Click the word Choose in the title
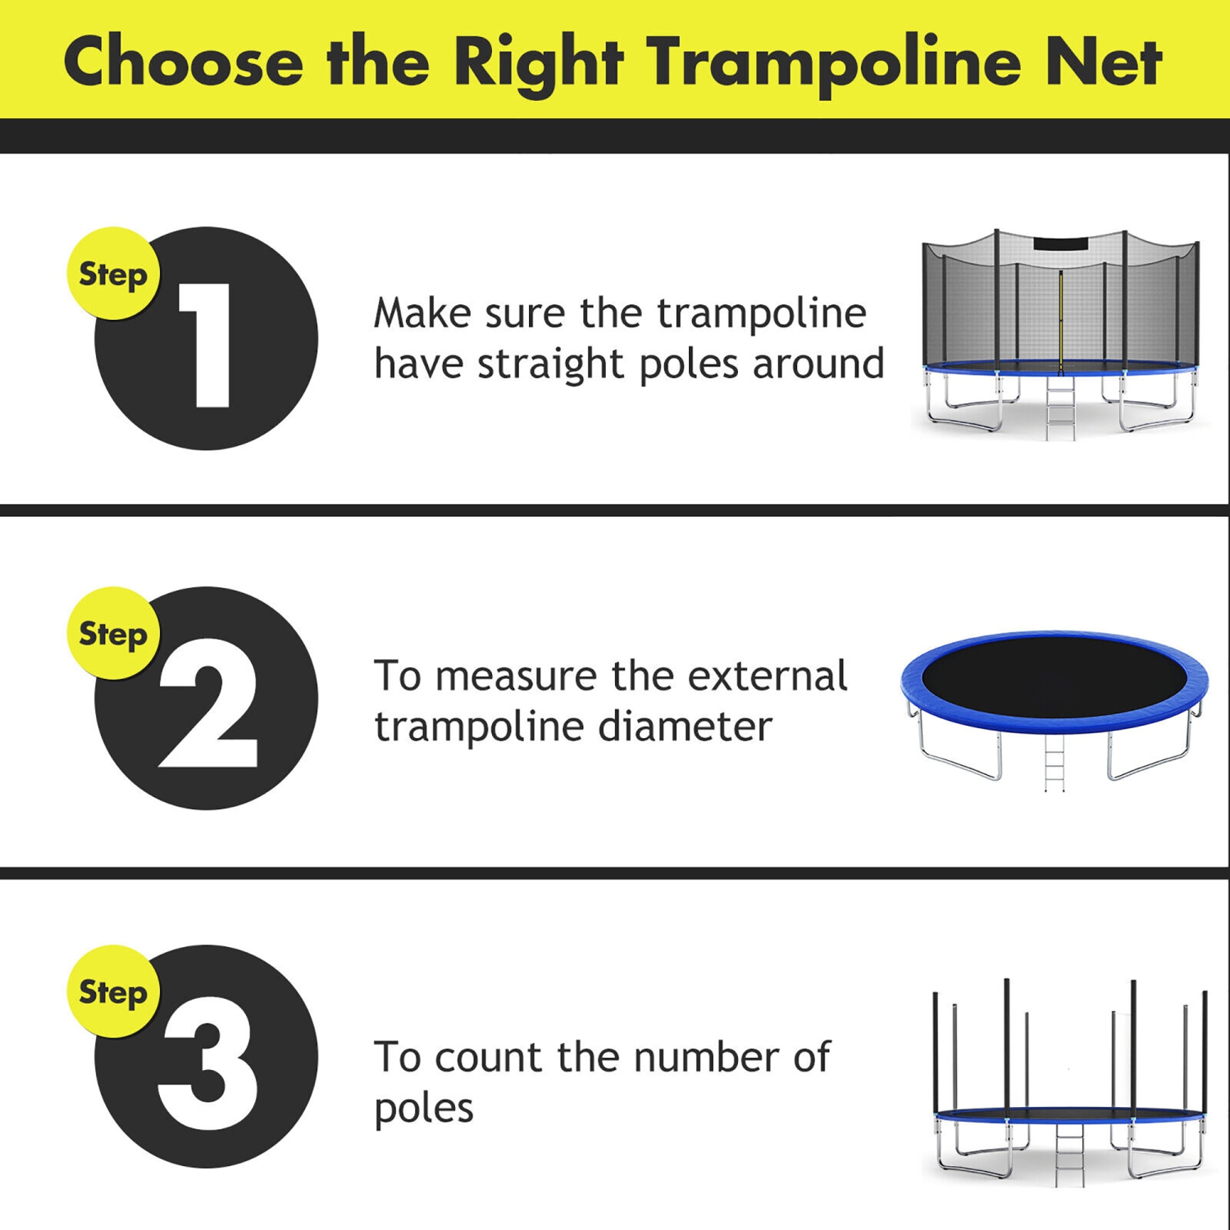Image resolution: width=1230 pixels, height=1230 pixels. (x=184, y=62)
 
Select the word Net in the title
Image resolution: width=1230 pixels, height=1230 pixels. (x=1104, y=62)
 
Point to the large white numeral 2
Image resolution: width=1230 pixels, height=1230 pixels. (x=208, y=704)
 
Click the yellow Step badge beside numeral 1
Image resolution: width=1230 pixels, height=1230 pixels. (x=113, y=274)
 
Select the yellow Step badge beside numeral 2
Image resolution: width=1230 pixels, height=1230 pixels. (x=113, y=633)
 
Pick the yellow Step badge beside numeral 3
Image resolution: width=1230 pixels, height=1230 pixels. (x=113, y=992)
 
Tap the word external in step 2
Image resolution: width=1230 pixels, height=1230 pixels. (x=767, y=676)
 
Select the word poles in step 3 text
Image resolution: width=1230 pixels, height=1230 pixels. (x=424, y=1109)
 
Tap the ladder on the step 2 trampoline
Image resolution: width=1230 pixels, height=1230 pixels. (x=1055, y=763)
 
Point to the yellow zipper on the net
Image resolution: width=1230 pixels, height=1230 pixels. (x=1060, y=320)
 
